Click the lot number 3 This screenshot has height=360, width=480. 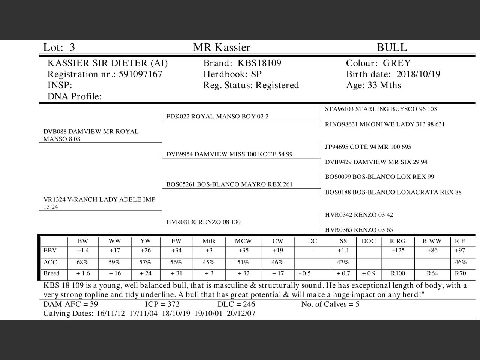coord(72,48)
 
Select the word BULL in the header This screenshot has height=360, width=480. coord(391,48)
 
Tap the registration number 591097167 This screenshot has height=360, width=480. coord(140,74)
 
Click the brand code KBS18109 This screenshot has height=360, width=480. coord(259,63)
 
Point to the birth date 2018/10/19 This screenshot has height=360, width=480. coord(418,74)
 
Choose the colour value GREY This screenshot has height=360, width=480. coord(397,63)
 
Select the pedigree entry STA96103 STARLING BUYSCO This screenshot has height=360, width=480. coord(381,109)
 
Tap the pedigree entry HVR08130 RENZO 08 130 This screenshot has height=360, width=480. coord(203,222)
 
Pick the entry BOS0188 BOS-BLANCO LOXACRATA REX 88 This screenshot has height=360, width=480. coord(393,192)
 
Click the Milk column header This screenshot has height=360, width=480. coord(209,241)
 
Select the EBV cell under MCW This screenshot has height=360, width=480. coord(243,250)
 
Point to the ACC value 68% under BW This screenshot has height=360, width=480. coord(82,262)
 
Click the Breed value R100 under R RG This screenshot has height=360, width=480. coord(397,273)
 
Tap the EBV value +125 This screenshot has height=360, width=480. coord(397,250)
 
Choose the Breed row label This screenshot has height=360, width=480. coord(52,273)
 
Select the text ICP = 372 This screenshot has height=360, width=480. coord(162,304)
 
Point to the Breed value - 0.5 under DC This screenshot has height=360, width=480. coord(305,273)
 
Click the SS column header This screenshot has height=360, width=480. coord(343,241)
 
